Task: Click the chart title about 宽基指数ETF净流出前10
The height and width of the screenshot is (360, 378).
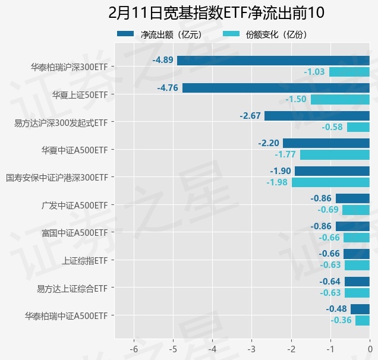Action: [217, 13]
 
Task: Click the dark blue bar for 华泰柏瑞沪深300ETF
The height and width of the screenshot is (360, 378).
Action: [273, 60]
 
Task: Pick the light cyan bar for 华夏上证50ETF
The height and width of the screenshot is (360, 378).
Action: [340, 99]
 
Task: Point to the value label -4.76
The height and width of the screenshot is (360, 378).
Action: [168, 88]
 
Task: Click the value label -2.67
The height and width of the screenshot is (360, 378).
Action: [250, 115]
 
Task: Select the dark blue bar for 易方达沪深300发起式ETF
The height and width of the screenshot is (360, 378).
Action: [317, 115]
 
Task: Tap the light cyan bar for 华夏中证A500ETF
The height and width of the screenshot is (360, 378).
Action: [335, 154]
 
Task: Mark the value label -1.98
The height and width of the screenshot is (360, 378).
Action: [277, 182]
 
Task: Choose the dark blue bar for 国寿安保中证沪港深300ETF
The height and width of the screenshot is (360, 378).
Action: [332, 170]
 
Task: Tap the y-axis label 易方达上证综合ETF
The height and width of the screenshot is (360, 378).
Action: [72, 289]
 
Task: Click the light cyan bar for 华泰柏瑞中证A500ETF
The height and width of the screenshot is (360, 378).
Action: [363, 320]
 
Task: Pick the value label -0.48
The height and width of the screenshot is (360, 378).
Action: [336, 309]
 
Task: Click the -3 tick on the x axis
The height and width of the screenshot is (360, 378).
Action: [251, 348]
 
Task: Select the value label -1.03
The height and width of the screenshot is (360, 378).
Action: [314, 72]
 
